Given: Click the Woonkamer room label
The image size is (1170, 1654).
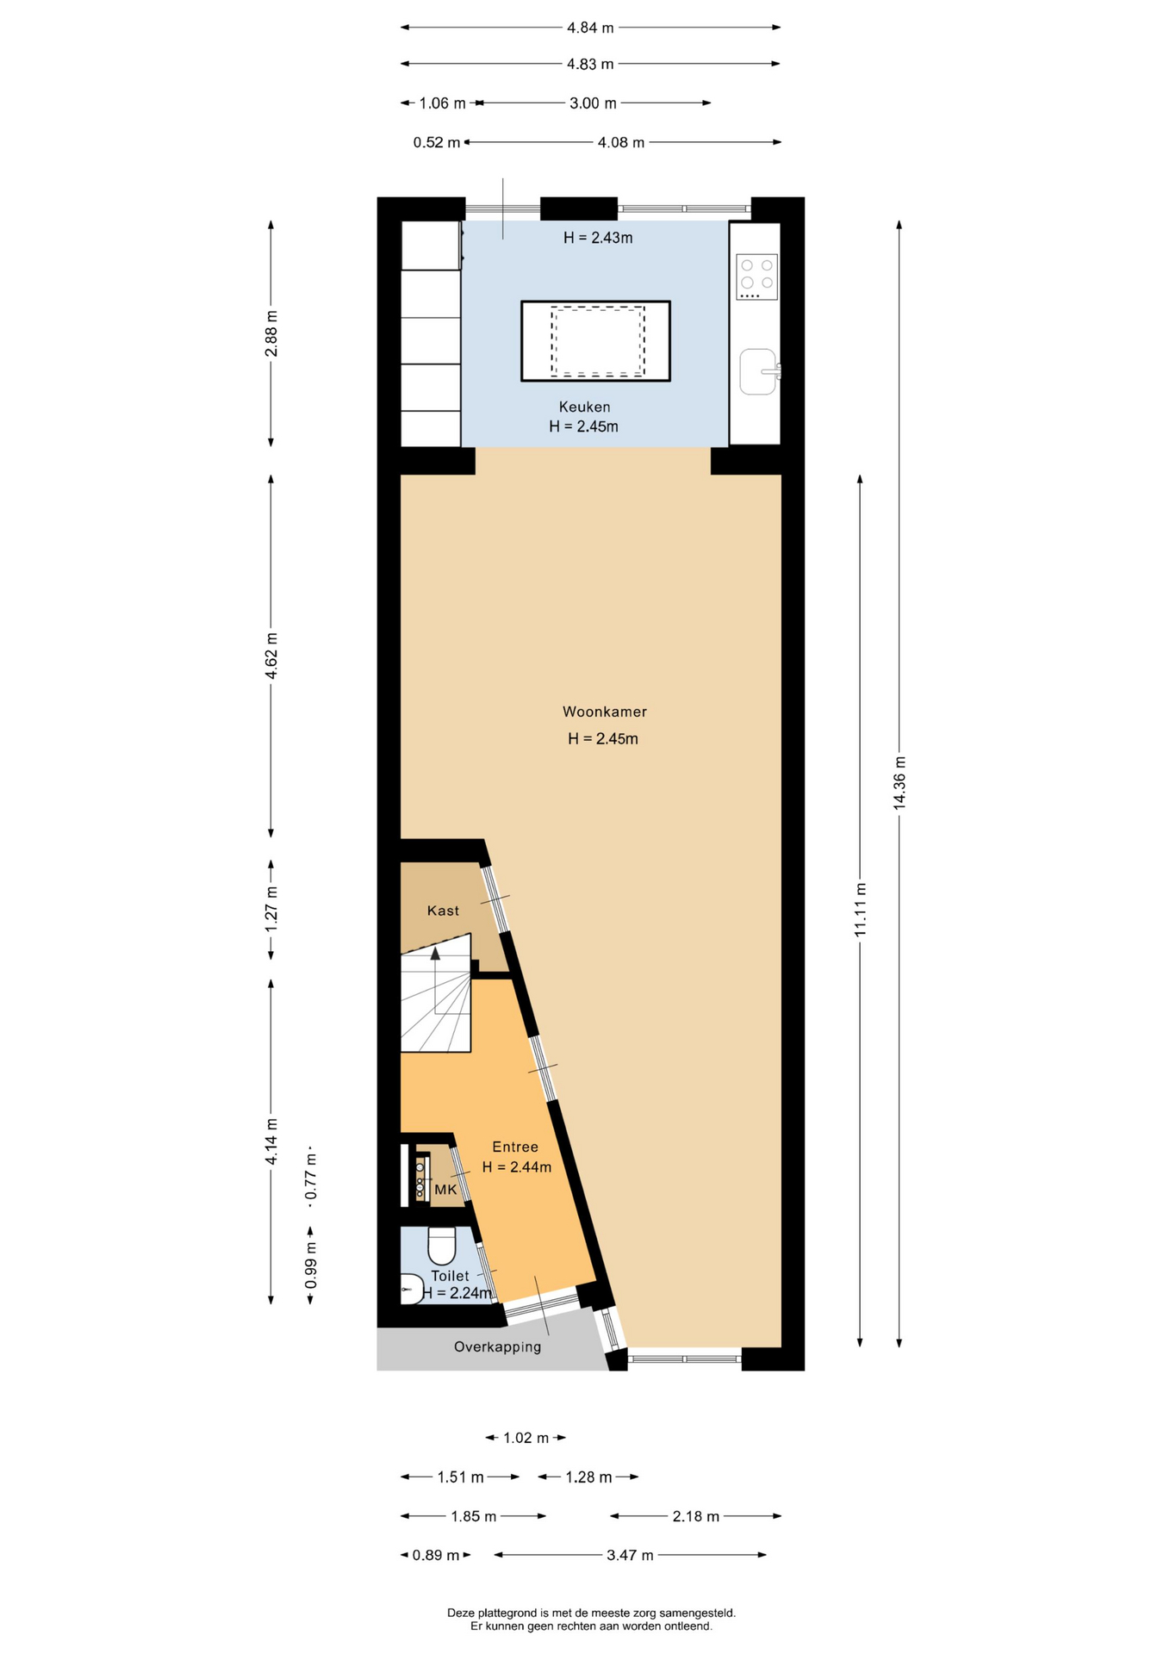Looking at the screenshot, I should coord(604,712).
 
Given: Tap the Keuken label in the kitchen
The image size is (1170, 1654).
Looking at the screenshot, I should coord(584,407).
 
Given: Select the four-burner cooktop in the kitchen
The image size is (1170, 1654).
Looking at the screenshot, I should coord(756,277).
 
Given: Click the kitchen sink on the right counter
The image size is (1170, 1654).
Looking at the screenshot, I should coord(758,371).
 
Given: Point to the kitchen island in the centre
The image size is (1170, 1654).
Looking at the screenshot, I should coord(595,341).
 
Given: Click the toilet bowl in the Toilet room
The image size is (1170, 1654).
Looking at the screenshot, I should coord(442,1246).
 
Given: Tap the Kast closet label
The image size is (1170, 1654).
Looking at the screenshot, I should coord(443,911).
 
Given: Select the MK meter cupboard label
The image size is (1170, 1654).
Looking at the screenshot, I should coord(445,1190).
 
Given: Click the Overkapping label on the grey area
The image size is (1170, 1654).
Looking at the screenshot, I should coord(497,1346).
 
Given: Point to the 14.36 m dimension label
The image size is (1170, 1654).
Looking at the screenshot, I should coord(899,782).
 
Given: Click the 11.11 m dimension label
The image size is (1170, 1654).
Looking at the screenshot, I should coord(860,910).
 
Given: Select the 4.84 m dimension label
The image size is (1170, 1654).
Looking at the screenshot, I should coord(590,28).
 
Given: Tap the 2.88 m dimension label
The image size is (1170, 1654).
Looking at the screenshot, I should coord(271,333).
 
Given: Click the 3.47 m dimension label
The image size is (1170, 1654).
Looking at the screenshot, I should coord(630,1555).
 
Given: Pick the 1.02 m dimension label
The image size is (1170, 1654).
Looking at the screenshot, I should coord(526,1438).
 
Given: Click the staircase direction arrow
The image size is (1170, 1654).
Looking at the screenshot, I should coord(435,954).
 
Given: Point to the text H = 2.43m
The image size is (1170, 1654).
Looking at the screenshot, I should coord(598,238).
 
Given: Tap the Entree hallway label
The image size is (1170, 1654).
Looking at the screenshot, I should coord(515,1147).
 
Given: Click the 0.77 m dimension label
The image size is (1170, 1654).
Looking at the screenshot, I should coord(311,1177).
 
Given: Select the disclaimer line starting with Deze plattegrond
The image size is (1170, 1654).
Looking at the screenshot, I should coord(591,1613).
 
